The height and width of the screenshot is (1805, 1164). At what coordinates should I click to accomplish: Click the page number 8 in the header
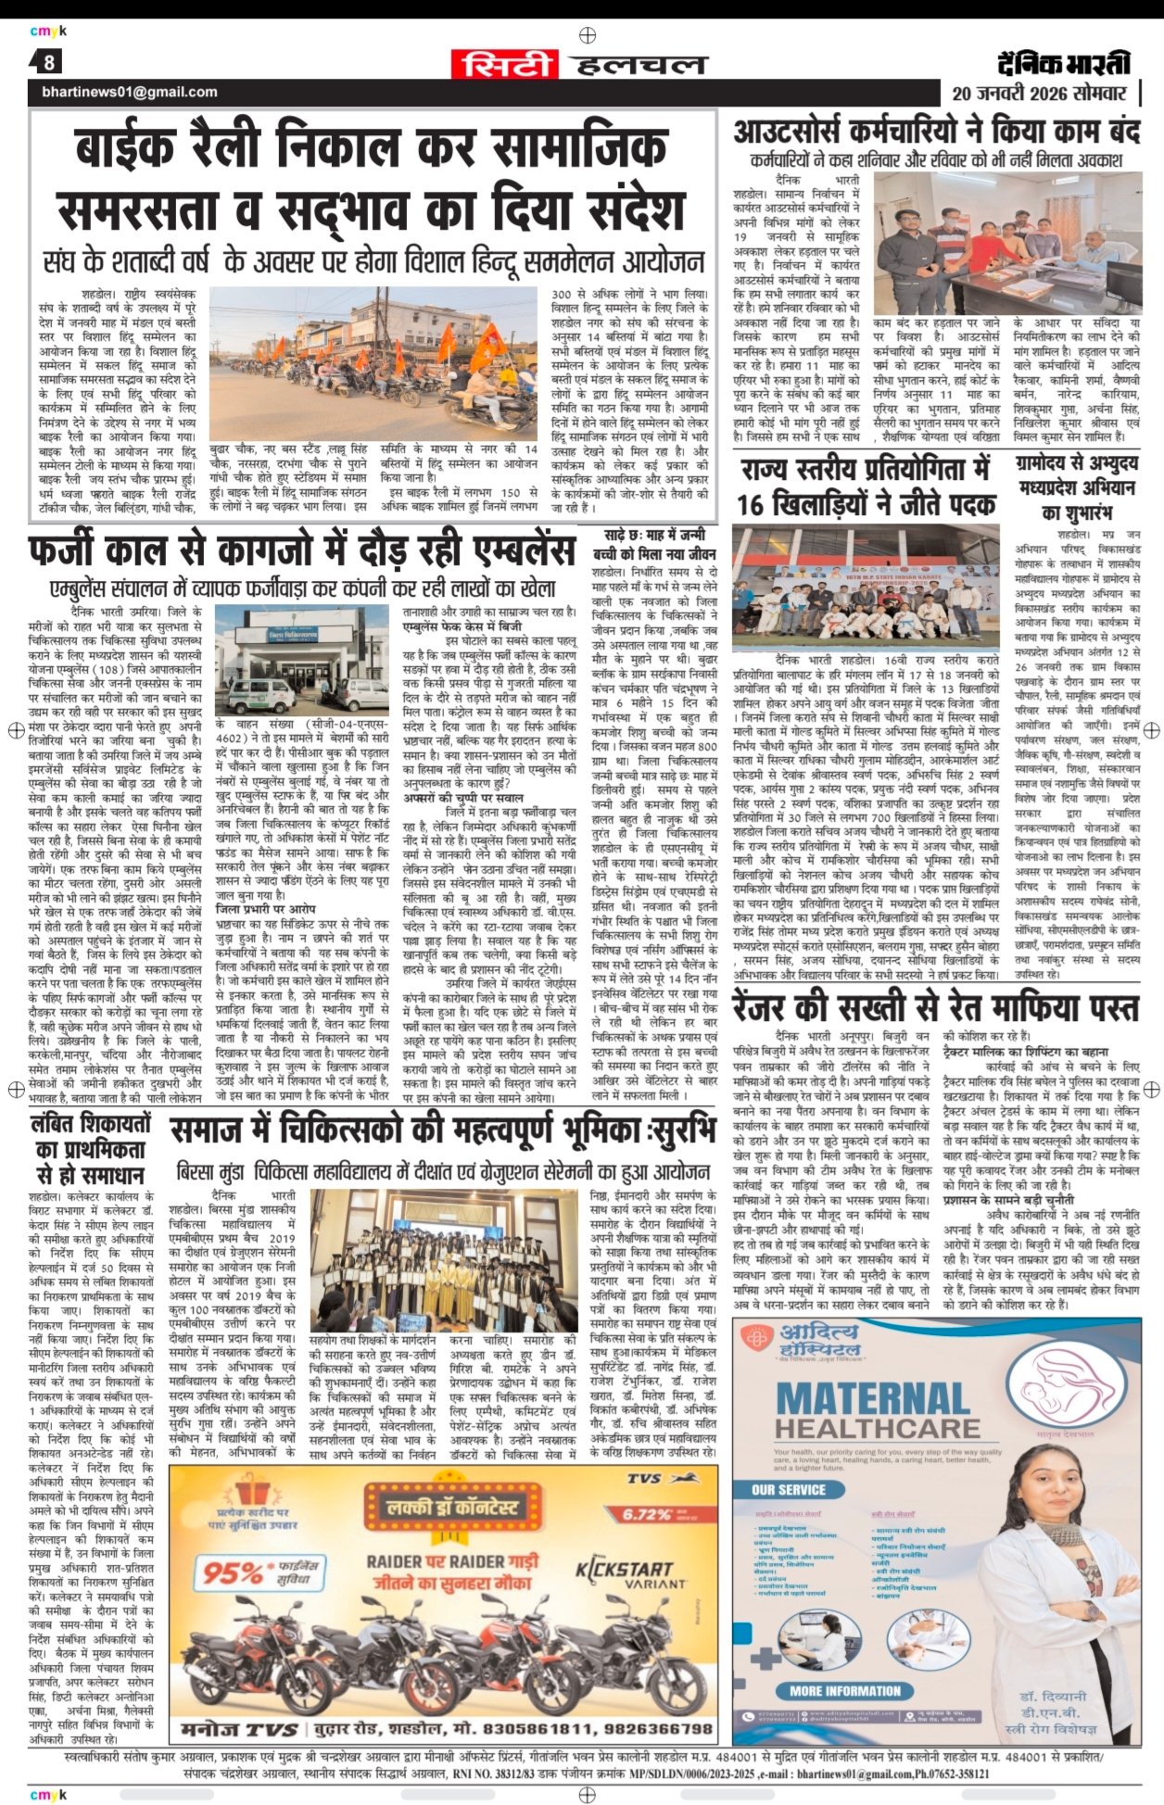click(49, 63)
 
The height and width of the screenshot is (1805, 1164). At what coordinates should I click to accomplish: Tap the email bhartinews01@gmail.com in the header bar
click(130, 92)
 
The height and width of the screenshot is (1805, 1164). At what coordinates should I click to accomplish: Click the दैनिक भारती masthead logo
click(1065, 62)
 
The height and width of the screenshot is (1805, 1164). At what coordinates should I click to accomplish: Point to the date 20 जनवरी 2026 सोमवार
click(1039, 94)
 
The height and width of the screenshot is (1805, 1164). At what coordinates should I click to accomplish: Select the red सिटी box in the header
click(506, 64)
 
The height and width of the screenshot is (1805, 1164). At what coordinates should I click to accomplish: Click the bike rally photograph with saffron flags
click(373, 355)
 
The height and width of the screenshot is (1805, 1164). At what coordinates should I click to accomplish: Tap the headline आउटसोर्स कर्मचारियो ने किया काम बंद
click(935, 130)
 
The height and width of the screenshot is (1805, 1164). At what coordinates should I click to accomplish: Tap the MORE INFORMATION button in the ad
click(844, 1691)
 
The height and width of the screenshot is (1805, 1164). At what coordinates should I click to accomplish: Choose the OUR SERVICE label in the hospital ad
click(789, 1490)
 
